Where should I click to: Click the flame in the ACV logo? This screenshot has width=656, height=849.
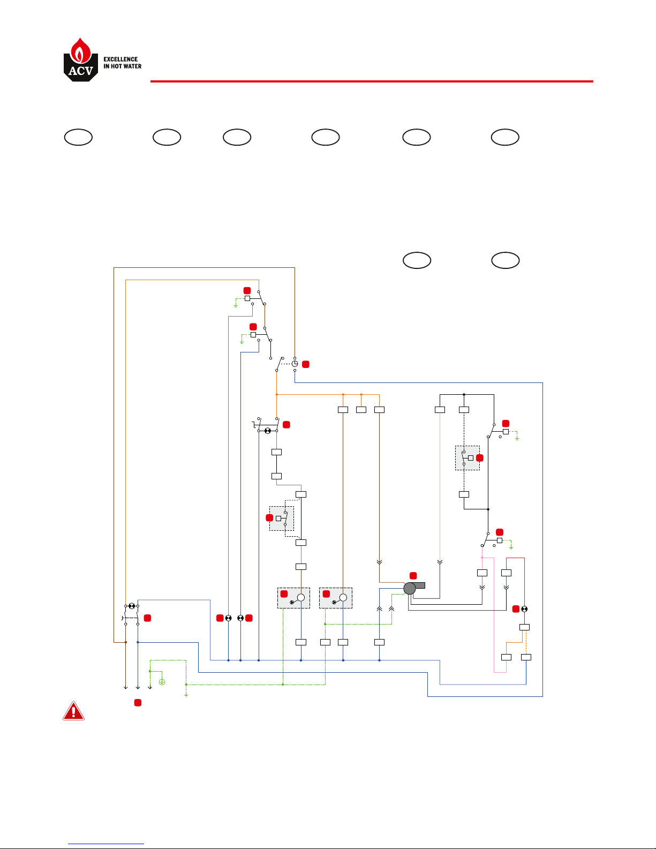(80, 50)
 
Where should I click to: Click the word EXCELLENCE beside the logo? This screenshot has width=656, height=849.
(120, 59)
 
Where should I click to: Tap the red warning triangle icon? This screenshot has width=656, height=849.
(73, 711)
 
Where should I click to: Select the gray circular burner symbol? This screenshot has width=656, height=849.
(409, 588)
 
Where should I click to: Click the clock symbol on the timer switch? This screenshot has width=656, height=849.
(295, 364)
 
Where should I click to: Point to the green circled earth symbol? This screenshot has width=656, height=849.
(162, 682)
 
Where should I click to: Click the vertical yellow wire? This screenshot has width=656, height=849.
(440, 487)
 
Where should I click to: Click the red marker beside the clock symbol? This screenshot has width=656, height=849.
(306, 364)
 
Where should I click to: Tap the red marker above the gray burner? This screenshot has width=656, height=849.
(413, 575)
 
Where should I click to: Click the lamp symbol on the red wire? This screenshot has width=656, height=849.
(524, 608)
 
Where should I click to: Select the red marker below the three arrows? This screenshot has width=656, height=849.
(138, 702)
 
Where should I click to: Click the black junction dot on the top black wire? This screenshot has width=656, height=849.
(464, 395)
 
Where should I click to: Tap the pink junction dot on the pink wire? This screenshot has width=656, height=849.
(482, 558)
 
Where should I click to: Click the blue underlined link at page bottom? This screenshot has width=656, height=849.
(106, 844)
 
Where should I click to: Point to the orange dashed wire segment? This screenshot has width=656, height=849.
(526, 642)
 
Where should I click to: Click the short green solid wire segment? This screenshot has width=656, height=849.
(506, 581)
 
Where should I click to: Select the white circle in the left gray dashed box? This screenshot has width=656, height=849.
(300, 597)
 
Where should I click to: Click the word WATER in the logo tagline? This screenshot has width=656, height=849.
(132, 66)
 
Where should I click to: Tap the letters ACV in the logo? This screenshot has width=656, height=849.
(81, 71)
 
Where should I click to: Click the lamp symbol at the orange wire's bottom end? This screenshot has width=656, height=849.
(132, 606)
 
